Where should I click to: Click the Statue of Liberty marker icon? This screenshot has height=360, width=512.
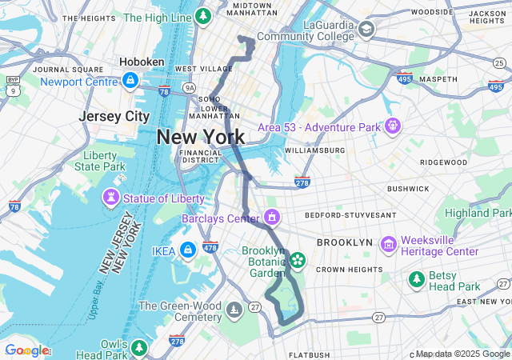coord(109,198)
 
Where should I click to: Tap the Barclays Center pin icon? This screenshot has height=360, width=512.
coord(273,217)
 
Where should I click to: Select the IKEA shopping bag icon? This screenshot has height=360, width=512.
coord(187,250)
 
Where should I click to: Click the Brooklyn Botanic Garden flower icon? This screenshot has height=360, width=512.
coord(298,259)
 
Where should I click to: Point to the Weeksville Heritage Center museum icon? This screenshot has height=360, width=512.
coord(389,243)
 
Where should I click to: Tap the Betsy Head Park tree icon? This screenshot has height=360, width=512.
coord(417,279)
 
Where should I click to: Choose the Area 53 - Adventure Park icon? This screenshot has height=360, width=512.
coord(392,126)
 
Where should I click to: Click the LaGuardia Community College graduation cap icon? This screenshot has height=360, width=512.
coord(366,30)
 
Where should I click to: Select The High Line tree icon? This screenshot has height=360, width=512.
coord(204,15)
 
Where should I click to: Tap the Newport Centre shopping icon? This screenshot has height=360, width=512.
coord(130,80)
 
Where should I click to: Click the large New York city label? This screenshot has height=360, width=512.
coord(201,137)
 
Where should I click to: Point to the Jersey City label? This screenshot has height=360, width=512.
coord(114,116)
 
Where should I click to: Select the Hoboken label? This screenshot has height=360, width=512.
coord(142,62)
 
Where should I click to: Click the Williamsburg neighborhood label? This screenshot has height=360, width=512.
coord(314,150)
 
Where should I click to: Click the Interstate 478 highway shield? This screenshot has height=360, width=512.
coord(210,247)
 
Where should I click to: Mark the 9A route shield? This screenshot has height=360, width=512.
coord(189,87)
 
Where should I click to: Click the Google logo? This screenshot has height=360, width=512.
coord(26,350)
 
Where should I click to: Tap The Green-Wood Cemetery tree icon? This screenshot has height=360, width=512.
coord(234,308)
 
